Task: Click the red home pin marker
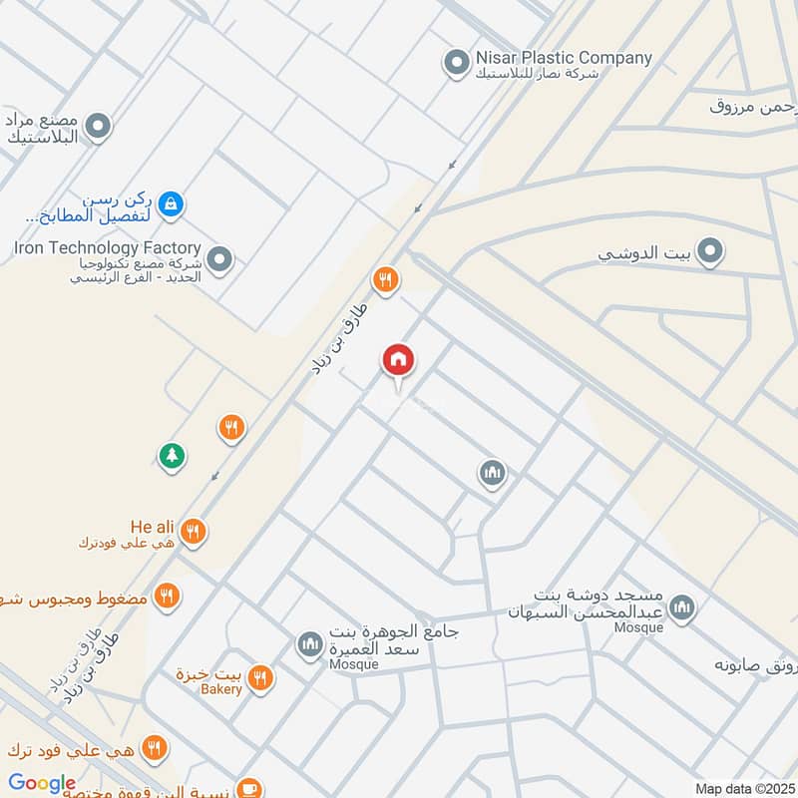tap(399, 362)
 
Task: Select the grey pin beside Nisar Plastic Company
tap(457, 64)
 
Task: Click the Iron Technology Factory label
tap(108, 247)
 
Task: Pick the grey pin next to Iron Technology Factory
tap(220, 261)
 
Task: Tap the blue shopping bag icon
tap(173, 203)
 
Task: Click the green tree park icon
tap(172, 456)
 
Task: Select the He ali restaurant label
tap(152, 526)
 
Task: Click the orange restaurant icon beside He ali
tap(195, 532)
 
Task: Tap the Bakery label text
tap(220, 689)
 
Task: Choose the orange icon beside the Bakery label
tap(260, 678)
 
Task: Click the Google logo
tap(42, 783)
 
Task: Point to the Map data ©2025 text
tap(742, 788)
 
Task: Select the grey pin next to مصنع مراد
tap(98, 127)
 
